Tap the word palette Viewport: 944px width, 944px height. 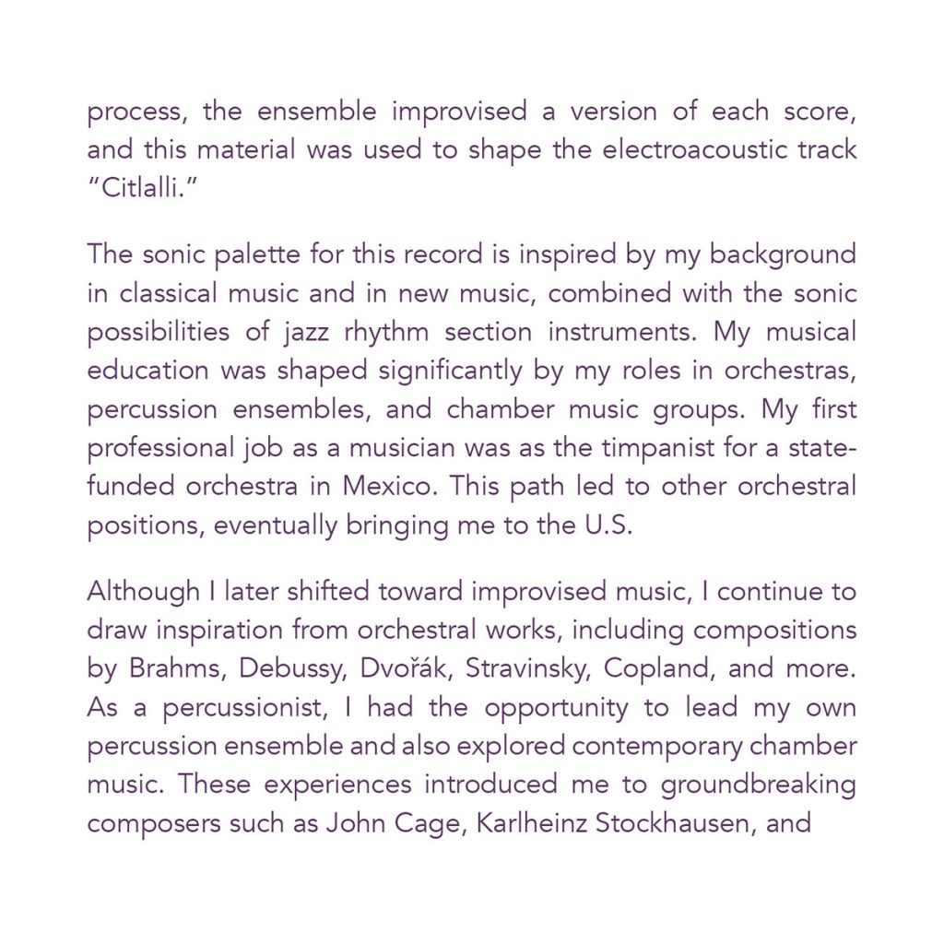click(x=215, y=254)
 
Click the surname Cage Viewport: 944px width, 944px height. click(x=411, y=822)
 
